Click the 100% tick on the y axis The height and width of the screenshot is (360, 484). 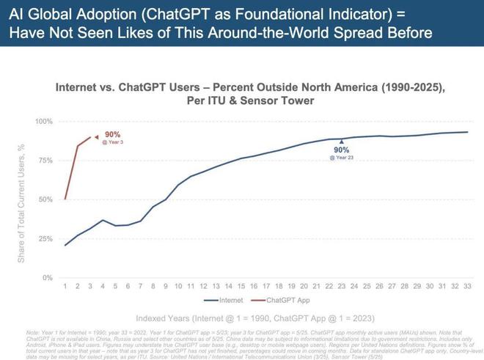(44, 121)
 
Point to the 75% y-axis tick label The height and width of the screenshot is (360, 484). (45, 161)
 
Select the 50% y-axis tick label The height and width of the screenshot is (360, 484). (45, 199)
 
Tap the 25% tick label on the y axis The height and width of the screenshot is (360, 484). (45, 239)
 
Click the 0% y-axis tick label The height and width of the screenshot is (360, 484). (47, 278)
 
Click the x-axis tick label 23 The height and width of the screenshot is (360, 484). (341, 286)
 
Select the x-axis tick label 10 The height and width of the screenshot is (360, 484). (178, 286)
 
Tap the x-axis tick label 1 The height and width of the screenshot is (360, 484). (65, 286)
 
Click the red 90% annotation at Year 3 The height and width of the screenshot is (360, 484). (112, 136)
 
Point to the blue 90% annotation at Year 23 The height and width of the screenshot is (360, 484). (342, 151)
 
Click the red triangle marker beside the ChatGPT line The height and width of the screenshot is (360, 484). (96, 136)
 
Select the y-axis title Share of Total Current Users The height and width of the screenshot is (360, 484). (22, 203)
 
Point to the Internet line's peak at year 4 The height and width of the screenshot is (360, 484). (103, 220)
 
